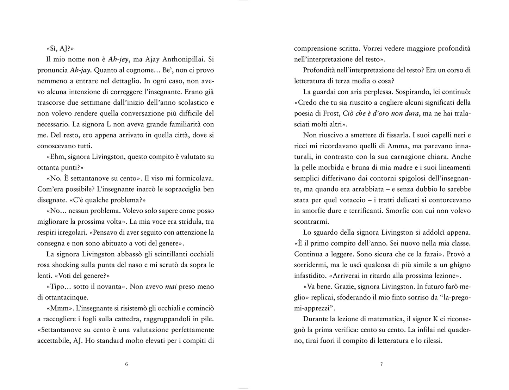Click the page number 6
126,364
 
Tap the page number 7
381,364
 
